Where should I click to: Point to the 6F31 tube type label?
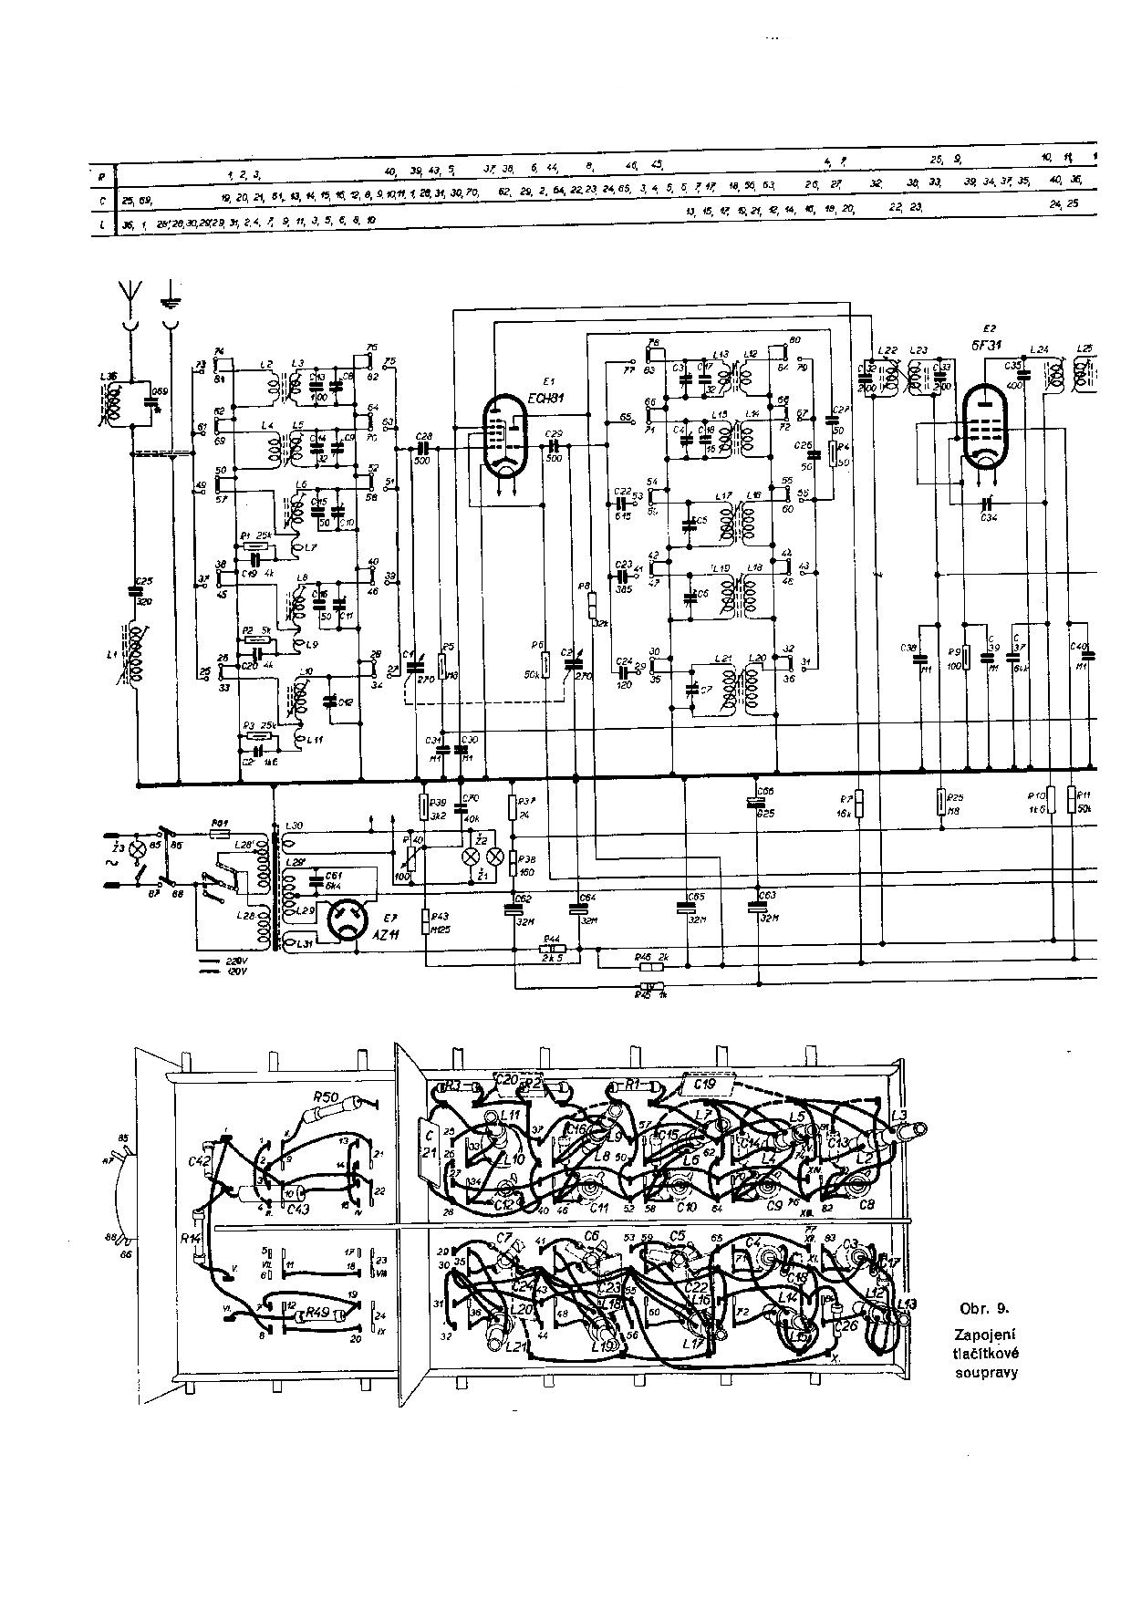click(988, 344)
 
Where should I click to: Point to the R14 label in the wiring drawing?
click(191, 1239)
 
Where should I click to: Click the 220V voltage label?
click(235, 962)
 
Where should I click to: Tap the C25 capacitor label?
click(143, 580)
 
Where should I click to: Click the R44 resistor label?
click(551, 938)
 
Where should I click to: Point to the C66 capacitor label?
click(766, 791)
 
